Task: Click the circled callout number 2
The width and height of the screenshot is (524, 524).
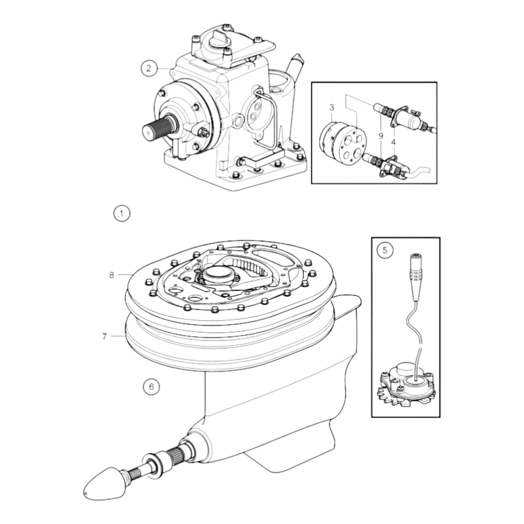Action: coord(149,68)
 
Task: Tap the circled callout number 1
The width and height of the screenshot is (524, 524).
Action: coord(121,214)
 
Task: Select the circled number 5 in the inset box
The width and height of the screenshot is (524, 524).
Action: coord(385,250)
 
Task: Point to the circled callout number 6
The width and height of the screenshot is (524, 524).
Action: coord(152,386)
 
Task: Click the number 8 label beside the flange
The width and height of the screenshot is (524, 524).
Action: coord(111,275)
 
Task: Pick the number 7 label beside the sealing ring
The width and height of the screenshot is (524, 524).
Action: coord(104,337)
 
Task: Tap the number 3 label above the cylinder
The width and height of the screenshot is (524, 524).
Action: coord(332,108)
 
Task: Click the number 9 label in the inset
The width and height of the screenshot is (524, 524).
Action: coord(381,136)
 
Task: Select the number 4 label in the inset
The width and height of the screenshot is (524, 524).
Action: coord(393,141)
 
